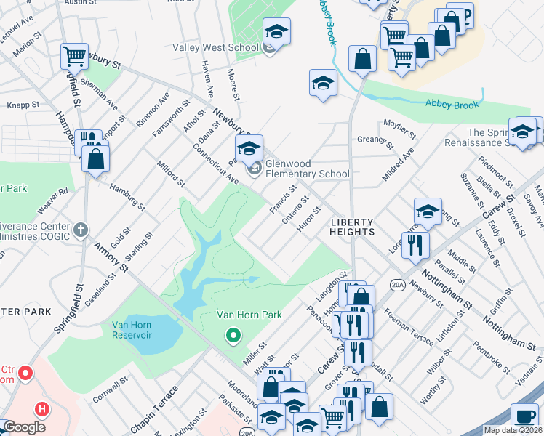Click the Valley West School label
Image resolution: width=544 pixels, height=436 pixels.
click(215, 48)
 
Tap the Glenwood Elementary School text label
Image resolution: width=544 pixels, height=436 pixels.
click(307, 169)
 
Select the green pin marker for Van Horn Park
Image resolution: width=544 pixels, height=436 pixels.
click(233, 336)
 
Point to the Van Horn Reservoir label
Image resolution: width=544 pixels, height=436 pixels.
click(141, 330)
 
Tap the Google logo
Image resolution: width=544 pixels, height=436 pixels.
click(25, 427)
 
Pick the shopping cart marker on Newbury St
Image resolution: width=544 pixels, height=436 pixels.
click(74, 56)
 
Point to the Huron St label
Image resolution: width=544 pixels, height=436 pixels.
click(309, 214)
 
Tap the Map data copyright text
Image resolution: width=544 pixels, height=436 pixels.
click(512, 430)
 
